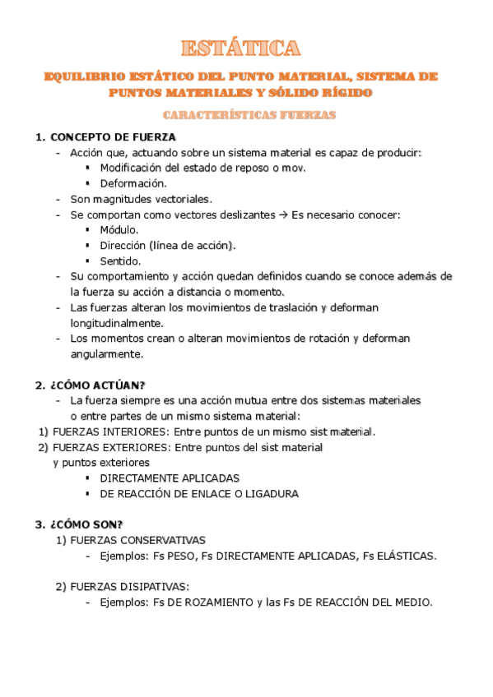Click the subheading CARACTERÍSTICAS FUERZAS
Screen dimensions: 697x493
[249, 116]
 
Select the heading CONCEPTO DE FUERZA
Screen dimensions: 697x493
[113, 137]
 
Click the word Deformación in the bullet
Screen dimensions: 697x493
[133, 183]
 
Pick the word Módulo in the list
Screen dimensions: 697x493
[119, 229]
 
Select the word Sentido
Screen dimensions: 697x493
[121, 261]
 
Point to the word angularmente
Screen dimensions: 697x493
[107, 354]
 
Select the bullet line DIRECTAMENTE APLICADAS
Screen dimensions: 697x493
[170, 478]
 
